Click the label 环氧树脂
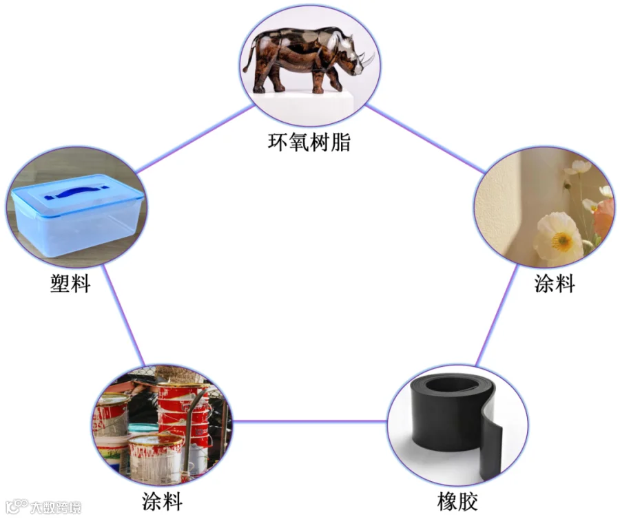pos(309,143)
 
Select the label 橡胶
pos(457,501)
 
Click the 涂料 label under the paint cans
pos(162,500)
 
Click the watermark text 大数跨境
pos(56,508)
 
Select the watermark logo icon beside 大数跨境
pos(15,507)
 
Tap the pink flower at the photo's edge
pos(604,218)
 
